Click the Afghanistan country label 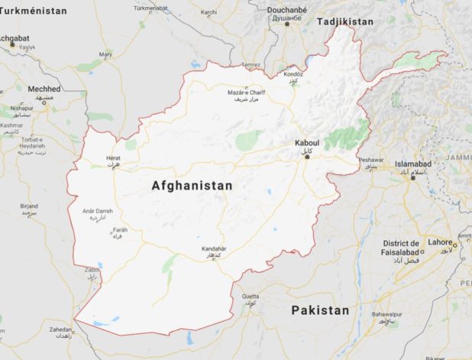point(192,186)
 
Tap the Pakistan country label point(320,310)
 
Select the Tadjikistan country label point(345,21)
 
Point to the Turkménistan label point(34,11)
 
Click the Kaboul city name point(306,144)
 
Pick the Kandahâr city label point(215,248)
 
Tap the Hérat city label point(113,158)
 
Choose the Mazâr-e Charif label point(245,92)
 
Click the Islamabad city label point(414,164)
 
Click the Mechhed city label point(44,89)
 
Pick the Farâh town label point(120,229)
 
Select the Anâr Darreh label point(95,210)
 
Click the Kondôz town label point(293,74)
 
